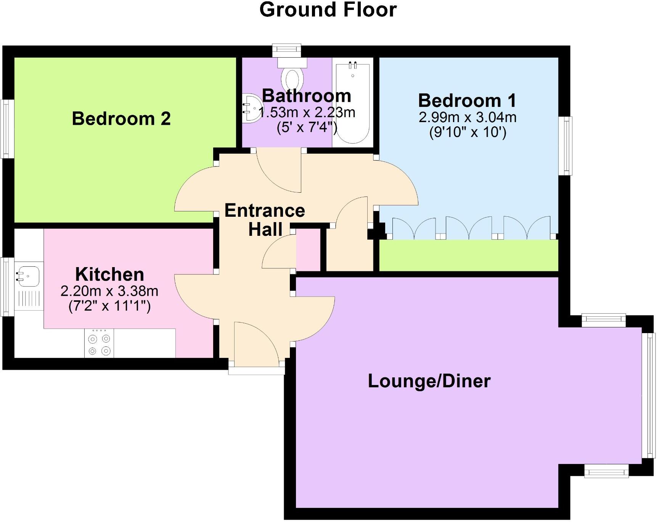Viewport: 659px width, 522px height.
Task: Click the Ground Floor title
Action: pyautogui.click(x=328, y=10)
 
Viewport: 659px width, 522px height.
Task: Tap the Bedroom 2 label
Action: pyautogui.click(x=121, y=119)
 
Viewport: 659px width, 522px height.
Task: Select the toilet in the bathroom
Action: pyautogui.click(x=293, y=78)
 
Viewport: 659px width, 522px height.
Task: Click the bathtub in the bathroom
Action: pyautogui.click(x=353, y=103)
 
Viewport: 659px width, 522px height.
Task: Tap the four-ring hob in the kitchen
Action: pyautogui.click(x=99, y=345)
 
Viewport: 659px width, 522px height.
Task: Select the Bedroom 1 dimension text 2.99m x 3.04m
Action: pyautogui.click(x=467, y=117)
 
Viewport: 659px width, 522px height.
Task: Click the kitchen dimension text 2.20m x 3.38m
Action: pyautogui.click(x=109, y=291)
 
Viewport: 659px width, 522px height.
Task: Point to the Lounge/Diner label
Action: pyautogui.click(x=429, y=381)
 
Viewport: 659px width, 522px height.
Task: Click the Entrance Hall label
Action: pyautogui.click(x=265, y=220)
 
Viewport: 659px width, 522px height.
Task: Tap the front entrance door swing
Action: pyautogui.click(x=256, y=342)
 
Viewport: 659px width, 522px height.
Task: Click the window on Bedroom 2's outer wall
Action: pyautogui.click(x=7, y=129)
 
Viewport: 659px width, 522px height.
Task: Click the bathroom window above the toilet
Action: pyautogui.click(x=287, y=50)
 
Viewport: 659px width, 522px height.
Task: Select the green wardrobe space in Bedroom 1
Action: pyautogui.click(x=468, y=255)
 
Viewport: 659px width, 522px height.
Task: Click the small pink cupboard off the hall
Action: pyautogui.click(x=308, y=250)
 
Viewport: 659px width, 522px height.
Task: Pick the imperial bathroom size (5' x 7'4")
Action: pyautogui.click(x=307, y=127)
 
